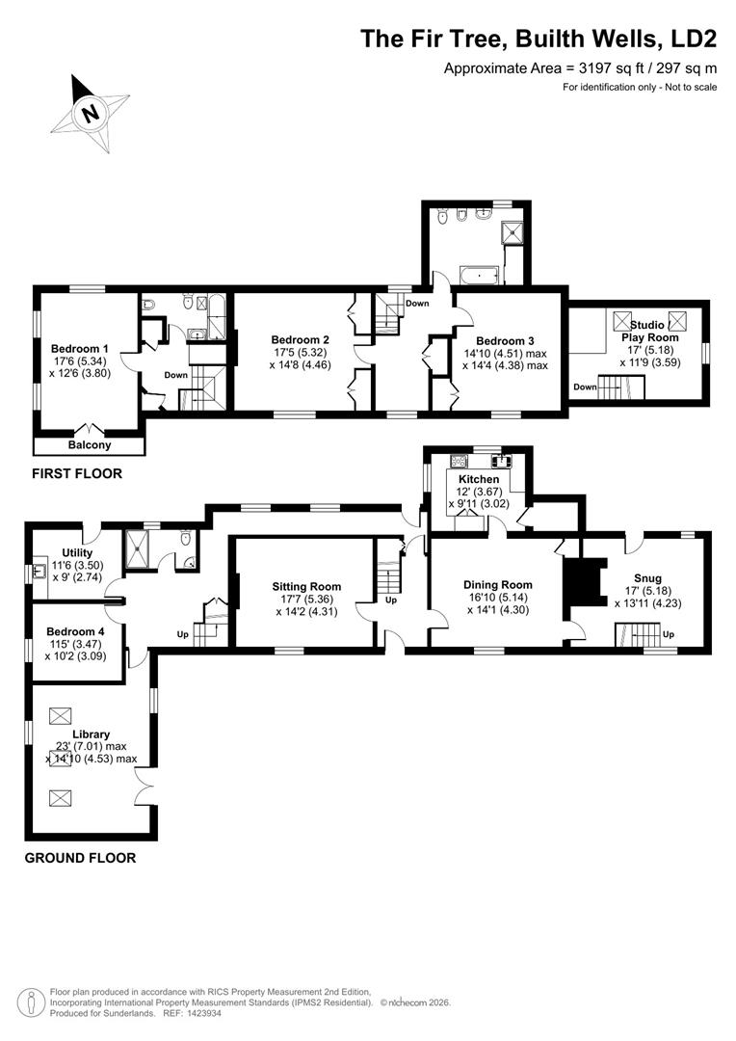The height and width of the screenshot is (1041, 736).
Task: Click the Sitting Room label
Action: [x=306, y=586]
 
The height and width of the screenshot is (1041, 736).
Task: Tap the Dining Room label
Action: [x=498, y=585]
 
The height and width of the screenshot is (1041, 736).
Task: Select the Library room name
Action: [x=91, y=734]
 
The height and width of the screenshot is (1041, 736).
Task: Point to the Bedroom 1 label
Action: [x=80, y=349]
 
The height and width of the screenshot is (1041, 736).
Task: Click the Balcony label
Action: [x=90, y=444]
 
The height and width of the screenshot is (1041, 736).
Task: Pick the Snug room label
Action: [x=647, y=578]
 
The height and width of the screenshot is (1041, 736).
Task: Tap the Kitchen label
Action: [x=479, y=479]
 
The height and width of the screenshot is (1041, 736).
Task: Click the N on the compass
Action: [x=91, y=113]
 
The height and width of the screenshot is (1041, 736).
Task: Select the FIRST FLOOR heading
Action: [x=77, y=473]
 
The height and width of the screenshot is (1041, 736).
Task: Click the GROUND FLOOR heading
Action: [x=80, y=858]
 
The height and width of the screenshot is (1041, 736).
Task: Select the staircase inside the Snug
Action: [x=637, y=634]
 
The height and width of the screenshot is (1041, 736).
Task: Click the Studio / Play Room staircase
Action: [x=622, y=387]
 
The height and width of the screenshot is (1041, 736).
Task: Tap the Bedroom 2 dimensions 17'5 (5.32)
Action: [x=300, y=353]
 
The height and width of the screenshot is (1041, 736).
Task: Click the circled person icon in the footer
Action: [x=27, y=1002]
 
